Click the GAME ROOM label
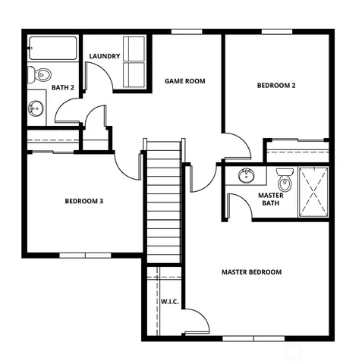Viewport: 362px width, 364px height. pyautogui.click(x=185, y=81)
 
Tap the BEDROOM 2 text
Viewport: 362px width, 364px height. pyautogui.click(x=275, y=86)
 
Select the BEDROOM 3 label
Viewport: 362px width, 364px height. pyautogui.click(x=83, y=201)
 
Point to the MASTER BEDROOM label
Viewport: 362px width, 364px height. pyautogui.click(x=251, y=271)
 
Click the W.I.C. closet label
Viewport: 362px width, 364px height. pyautogui.click(x=169, y=302)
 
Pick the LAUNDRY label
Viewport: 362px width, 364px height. pyautogui.click(x=105, y=57)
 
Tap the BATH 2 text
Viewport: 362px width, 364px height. pyautogui.click(x=63, y=88)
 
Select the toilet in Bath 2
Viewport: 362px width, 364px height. pyautogui.click(x=41, y=74)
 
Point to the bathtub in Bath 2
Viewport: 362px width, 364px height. pyautogui.click(x=53, y=50)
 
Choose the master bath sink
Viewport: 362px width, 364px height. pyautogui.click(x=246, y=177)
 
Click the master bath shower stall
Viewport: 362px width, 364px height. pyautogui.click(x=313, y=190)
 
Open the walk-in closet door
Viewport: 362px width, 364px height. pyautogui.click(x=196, y=319)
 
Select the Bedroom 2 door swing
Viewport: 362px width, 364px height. pyautogui.click(x=235, y=146)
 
